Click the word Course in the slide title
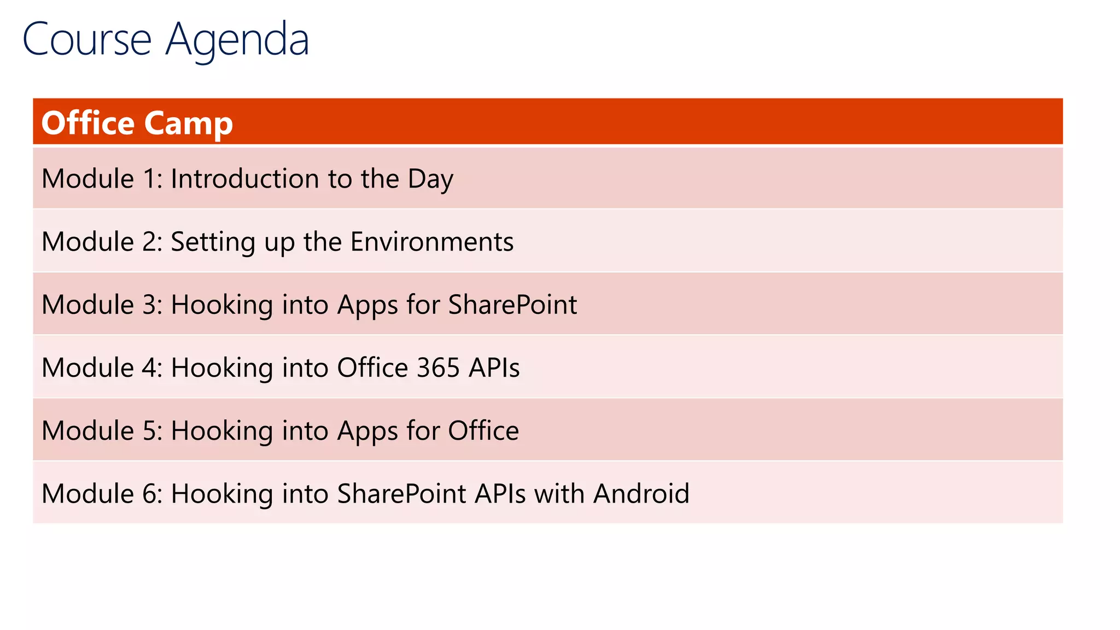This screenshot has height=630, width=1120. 86,39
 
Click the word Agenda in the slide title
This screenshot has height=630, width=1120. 237,39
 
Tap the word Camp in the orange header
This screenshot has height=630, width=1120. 189,123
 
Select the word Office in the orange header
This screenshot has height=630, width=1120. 87,123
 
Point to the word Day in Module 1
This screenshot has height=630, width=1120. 430,179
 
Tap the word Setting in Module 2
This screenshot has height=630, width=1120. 213,242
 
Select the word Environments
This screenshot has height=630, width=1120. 432,242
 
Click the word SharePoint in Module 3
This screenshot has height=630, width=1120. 512,305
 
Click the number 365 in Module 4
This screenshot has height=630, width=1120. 437,367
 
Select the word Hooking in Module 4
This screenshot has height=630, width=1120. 221,367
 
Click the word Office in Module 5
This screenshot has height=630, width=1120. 483,430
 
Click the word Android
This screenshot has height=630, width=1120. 641,493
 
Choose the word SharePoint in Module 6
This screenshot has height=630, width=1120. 401,493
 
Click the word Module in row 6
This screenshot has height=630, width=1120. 87,493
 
